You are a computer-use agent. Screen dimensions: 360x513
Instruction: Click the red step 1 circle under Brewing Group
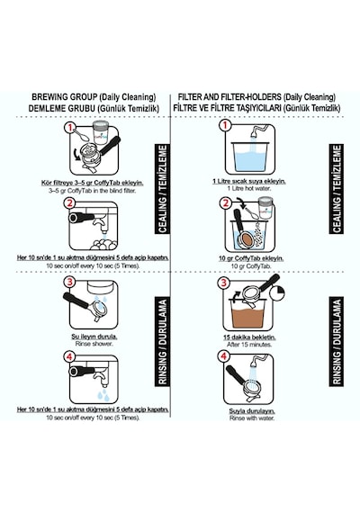pos(69,128)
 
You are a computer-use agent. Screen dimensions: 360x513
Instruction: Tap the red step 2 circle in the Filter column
pos(225,203)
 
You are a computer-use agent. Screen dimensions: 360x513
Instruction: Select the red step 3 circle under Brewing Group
pos(69,282)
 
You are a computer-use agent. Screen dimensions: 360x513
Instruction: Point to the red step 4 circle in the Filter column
pos(224,356)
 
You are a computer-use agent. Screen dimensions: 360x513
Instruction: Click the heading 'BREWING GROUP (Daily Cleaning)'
pos(94,97)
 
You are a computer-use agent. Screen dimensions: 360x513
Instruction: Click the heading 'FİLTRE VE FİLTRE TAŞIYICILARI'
pos(227,108)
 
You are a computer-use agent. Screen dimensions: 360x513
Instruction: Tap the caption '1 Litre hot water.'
pos(249,188)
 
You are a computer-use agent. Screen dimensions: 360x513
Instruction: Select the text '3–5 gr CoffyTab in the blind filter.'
pos(92,190)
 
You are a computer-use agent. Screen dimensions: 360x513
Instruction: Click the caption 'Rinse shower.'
pos(94,344)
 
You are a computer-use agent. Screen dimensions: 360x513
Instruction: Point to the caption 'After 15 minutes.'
pos(249,345)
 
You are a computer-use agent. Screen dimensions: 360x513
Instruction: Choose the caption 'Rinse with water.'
pos(252,418)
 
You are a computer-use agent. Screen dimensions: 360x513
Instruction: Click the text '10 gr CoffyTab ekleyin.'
pos(251,258)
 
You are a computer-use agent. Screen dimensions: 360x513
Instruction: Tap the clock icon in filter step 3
pos(278,293)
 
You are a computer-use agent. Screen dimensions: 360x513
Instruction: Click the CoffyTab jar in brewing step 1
pos(102,132)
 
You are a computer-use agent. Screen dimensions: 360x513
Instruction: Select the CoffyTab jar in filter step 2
pos(266,208)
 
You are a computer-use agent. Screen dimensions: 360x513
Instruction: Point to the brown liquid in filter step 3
pos(248,318)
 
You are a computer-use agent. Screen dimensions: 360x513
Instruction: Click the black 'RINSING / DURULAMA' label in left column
pos(163,341)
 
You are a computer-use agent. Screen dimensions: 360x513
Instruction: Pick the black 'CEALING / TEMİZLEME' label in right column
pos(337,189)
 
